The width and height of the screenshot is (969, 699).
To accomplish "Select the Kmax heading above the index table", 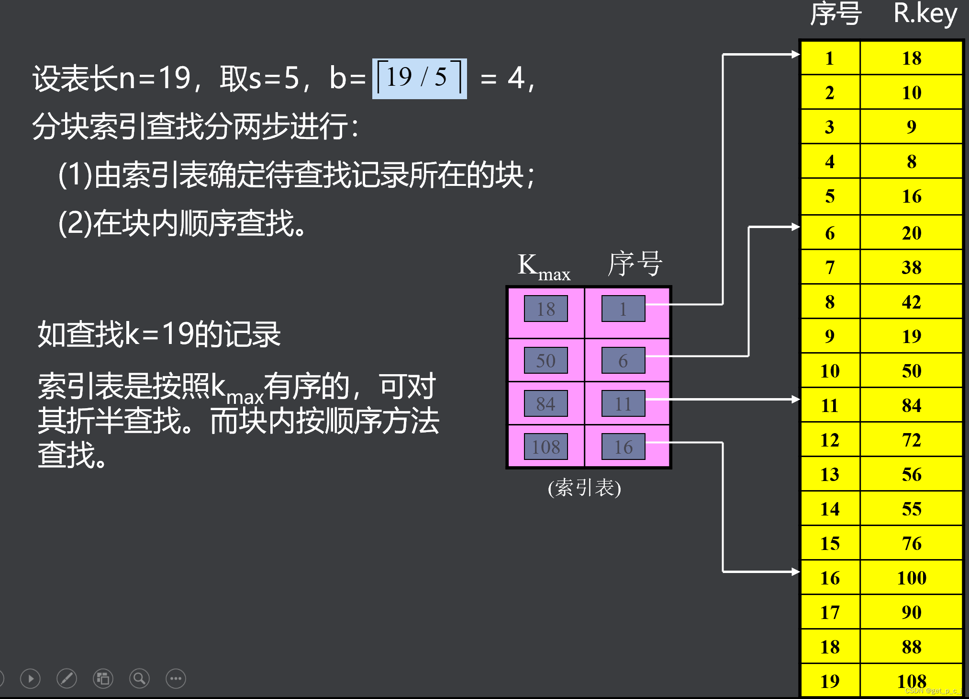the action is [x=544, y=266].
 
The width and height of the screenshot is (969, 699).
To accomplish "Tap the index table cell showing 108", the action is [x=546, y=447].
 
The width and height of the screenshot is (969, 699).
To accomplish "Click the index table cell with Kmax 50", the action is [x=546, y=360].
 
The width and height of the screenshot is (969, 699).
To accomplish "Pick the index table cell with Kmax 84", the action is [x=546, y=403].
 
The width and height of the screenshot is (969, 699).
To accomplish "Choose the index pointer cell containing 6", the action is [x=623, y=360].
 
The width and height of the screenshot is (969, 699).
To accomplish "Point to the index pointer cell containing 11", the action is [x=623, y=403].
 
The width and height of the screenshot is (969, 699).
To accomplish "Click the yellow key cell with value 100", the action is [x=912, y=578].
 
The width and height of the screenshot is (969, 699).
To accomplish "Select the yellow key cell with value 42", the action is [x=912, y=302].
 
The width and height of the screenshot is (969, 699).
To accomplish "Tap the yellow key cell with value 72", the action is [x=912, y=440].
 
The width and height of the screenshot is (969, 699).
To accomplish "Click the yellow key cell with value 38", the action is [x=912, y=267].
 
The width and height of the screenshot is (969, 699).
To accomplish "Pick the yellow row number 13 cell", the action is [x=830, y=474].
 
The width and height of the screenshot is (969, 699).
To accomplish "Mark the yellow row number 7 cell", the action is [x=830, y=267].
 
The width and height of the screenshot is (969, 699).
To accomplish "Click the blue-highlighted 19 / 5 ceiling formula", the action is [x=419, y=78].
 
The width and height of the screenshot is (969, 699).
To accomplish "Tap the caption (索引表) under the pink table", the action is [x=584, y=488].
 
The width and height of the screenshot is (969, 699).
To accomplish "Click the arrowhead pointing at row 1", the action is [x=795, y=55].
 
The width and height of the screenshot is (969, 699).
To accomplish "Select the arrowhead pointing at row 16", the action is [x=795, y=572].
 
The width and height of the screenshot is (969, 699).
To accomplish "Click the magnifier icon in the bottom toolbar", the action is [x=139, y=678].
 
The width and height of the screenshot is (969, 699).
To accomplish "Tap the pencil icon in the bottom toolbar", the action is [x=67, y=678].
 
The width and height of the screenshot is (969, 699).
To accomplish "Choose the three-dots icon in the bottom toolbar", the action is [x=176, y=678].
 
